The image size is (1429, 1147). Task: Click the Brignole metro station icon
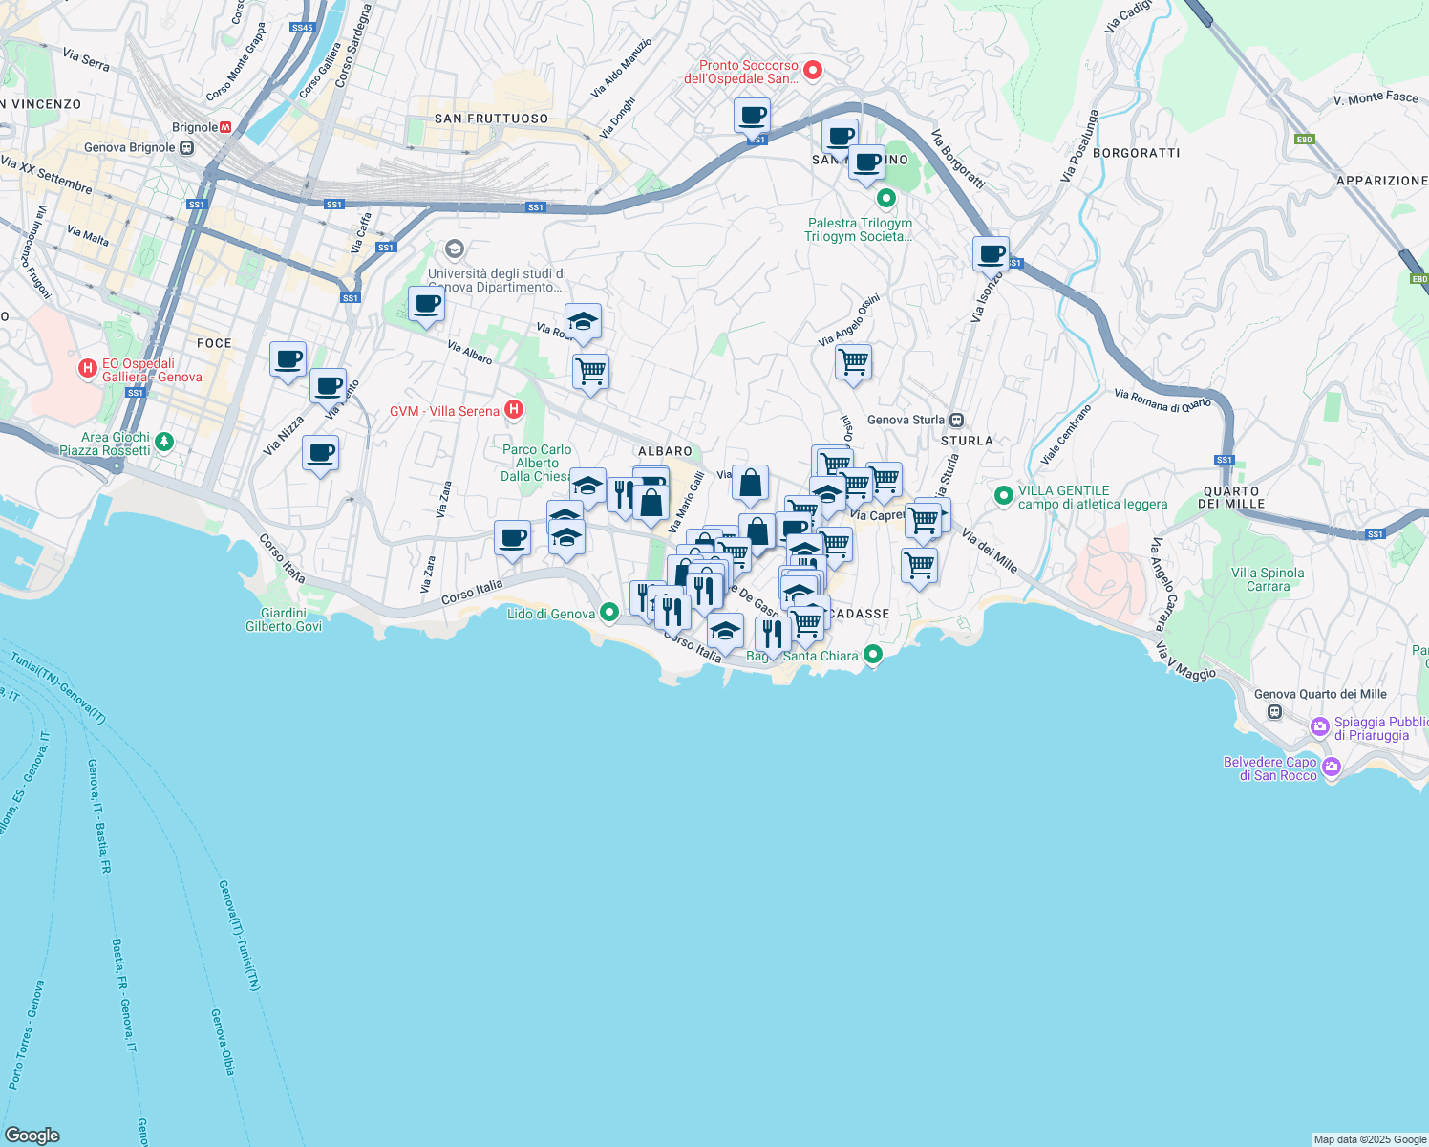(x=225, y=127)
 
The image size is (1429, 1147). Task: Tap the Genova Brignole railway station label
(x=130, y=147)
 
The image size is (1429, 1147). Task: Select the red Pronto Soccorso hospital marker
(x=813, y=69)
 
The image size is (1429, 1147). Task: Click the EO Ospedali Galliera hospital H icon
(x=88, y=368)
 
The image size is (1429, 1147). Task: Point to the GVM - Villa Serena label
(x=444, y=411)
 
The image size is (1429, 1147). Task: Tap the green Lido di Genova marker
(x=608, y=614)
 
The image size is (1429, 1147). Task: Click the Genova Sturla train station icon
(x=957, y=420)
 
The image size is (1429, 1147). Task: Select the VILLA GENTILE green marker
(x=1003, y=495)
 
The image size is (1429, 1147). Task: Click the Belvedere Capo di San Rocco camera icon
(x=1332, y=767)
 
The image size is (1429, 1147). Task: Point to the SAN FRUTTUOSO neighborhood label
(x=491, y=119)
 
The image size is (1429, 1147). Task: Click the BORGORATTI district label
(x=1136, y=153)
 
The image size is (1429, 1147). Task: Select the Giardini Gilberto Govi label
(x=284, y=619)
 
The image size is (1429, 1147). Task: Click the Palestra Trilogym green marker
(x=885, y=199)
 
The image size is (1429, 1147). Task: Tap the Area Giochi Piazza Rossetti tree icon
(x=164, y=442)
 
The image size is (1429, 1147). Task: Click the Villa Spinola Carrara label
(x=1268, y=579)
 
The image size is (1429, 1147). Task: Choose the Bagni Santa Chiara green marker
(x=872, y=654)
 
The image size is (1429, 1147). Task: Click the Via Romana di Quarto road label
(x=1162, y=400)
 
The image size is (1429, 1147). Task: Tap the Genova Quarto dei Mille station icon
(x=1274, y=711)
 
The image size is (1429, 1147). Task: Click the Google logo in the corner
(x=32, y=1135)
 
